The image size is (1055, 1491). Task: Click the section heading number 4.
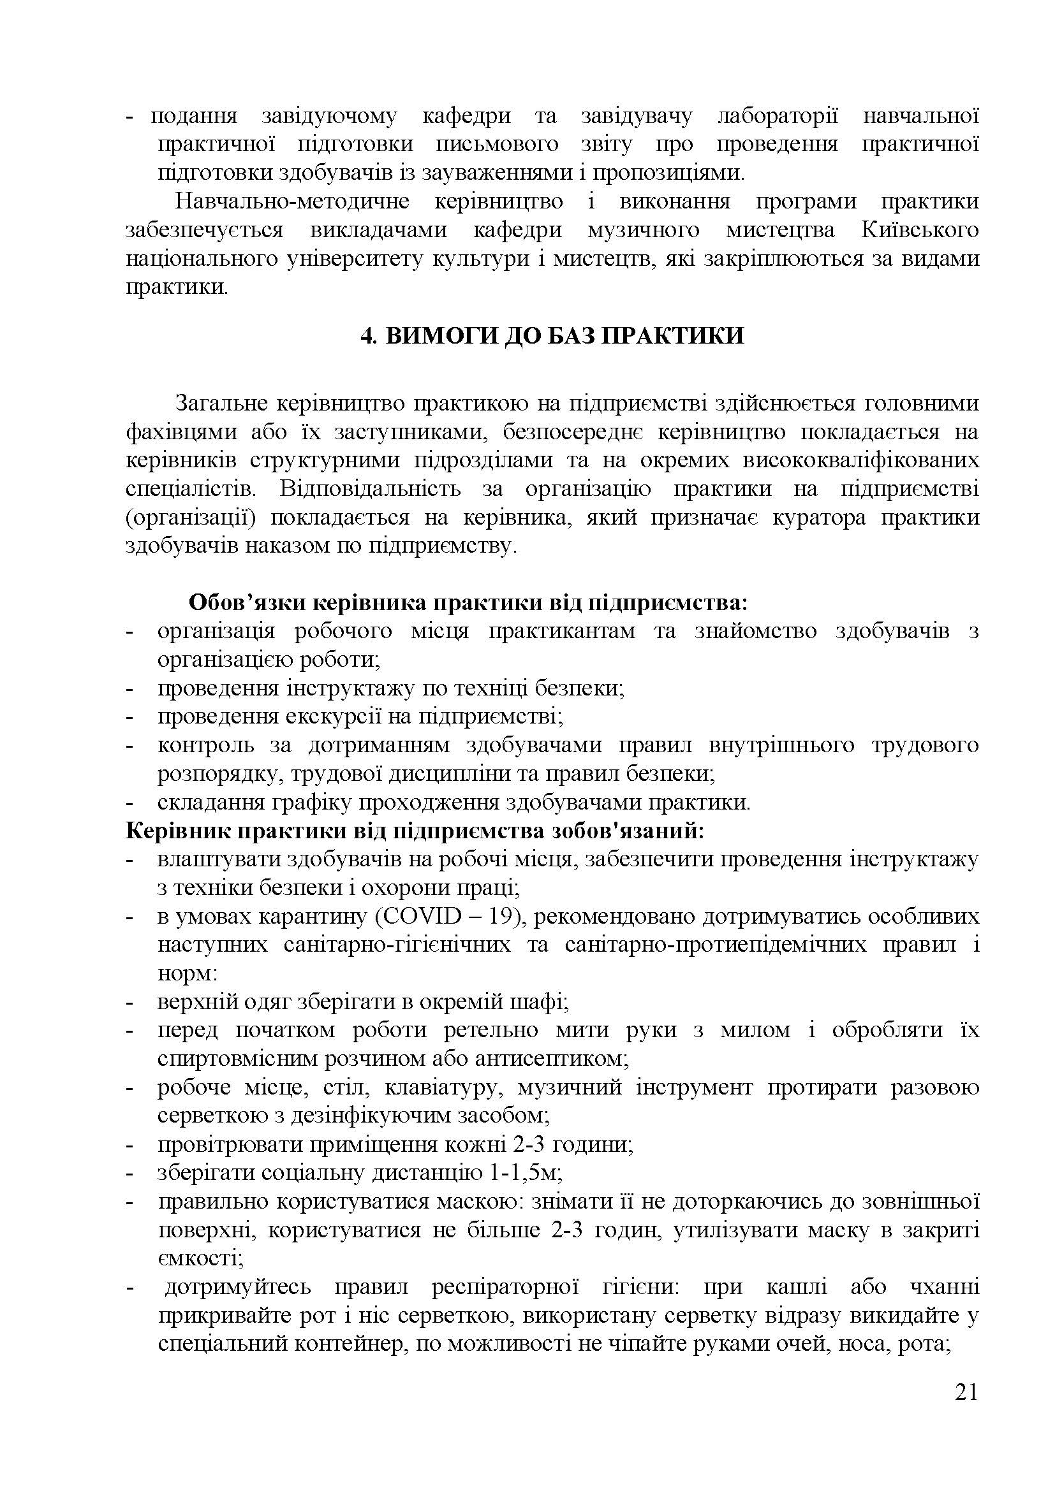pos(365,337)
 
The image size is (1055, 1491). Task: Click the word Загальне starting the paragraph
pos(221,404)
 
